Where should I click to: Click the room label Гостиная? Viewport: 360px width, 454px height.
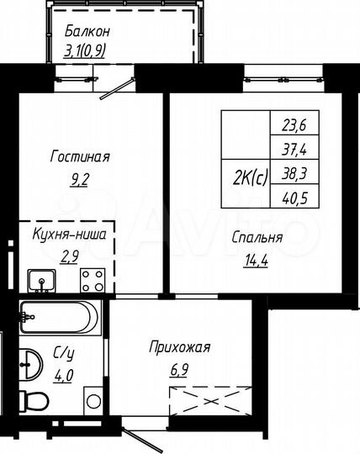coord(80,157)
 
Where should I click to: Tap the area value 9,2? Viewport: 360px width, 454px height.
coord(80,177)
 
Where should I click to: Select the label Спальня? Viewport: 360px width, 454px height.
coord(257,237)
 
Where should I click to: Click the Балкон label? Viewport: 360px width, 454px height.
coord(87,33)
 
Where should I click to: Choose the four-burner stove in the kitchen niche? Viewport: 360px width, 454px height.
coord(90,279)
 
